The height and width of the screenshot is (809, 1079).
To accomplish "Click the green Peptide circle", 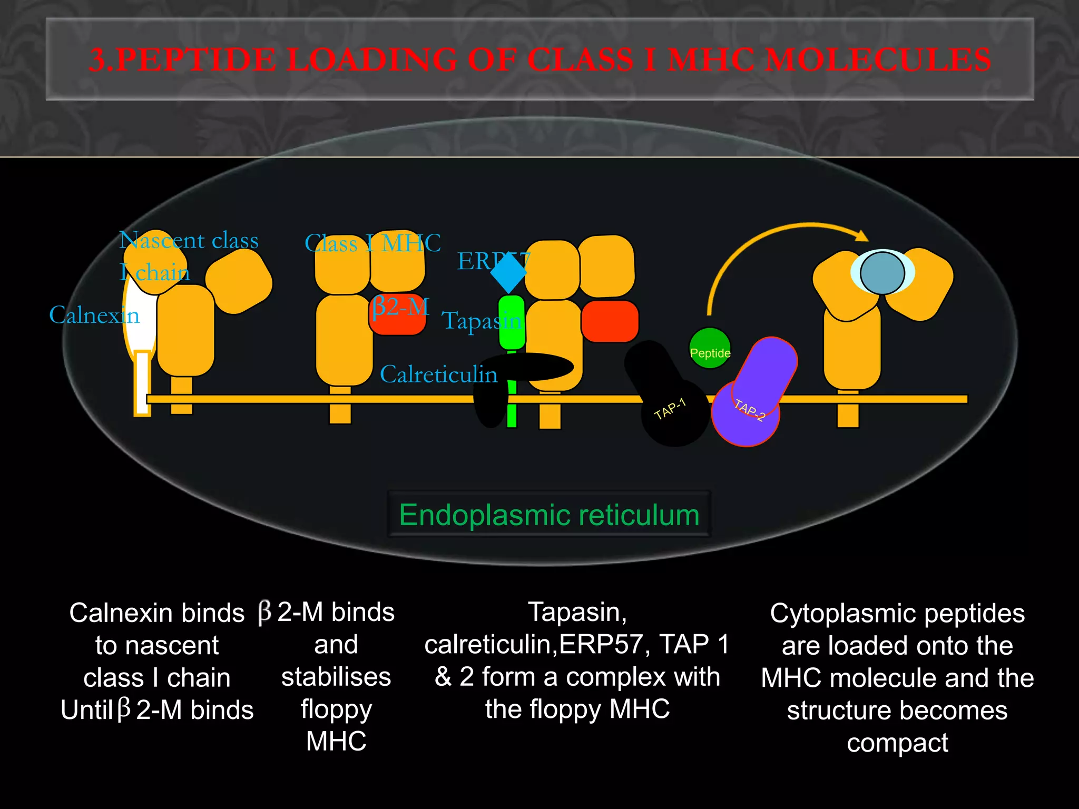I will tap(709, 348).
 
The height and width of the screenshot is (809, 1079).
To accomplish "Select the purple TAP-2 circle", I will tap(745, 413).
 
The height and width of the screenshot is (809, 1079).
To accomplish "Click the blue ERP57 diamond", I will tap(508, 272).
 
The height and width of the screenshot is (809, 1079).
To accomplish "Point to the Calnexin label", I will tap(94, 315).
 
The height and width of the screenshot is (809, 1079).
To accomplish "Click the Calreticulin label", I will tap(438, 374).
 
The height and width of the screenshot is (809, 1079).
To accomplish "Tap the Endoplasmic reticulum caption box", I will tap(549, 515).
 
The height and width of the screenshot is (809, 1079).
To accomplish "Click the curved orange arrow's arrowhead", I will tap(861, 236).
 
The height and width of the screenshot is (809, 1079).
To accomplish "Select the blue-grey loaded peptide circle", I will tap(882, 273).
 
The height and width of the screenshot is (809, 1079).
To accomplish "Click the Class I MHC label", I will tap(372, 243).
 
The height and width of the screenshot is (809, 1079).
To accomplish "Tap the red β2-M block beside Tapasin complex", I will tap(610, 321).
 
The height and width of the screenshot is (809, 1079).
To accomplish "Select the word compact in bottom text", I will tap(897, 743).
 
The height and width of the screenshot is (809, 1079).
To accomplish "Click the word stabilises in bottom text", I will tap(336, 677).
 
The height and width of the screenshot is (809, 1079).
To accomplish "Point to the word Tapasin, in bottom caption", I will tap(577, 613).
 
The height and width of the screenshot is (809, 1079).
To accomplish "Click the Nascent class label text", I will tap(189, 241).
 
